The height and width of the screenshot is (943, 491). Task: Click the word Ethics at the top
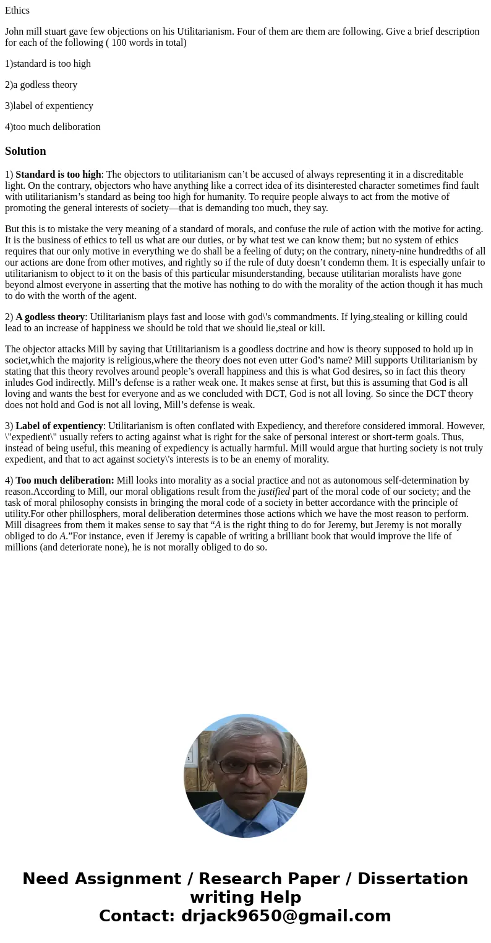[17, 11]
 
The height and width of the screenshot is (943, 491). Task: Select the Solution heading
[25, 151]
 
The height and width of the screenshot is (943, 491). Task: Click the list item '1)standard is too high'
[48, 64]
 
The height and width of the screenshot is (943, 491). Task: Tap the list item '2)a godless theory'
[41, 85]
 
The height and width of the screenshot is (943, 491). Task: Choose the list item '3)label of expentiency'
[49, 106]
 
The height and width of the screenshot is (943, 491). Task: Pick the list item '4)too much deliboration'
[53, 127]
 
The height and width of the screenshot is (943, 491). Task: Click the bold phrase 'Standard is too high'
[58, 175]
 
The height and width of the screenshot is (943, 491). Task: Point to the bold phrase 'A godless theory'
[50, 317]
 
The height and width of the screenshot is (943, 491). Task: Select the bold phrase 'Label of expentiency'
[59, 426]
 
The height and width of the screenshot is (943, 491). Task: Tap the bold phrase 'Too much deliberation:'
[65, 480]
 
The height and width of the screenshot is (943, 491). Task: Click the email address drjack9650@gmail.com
[286, 916]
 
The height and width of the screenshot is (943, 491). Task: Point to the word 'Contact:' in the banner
[137, 916]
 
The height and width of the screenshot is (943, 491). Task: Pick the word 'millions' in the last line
[21, 547]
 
